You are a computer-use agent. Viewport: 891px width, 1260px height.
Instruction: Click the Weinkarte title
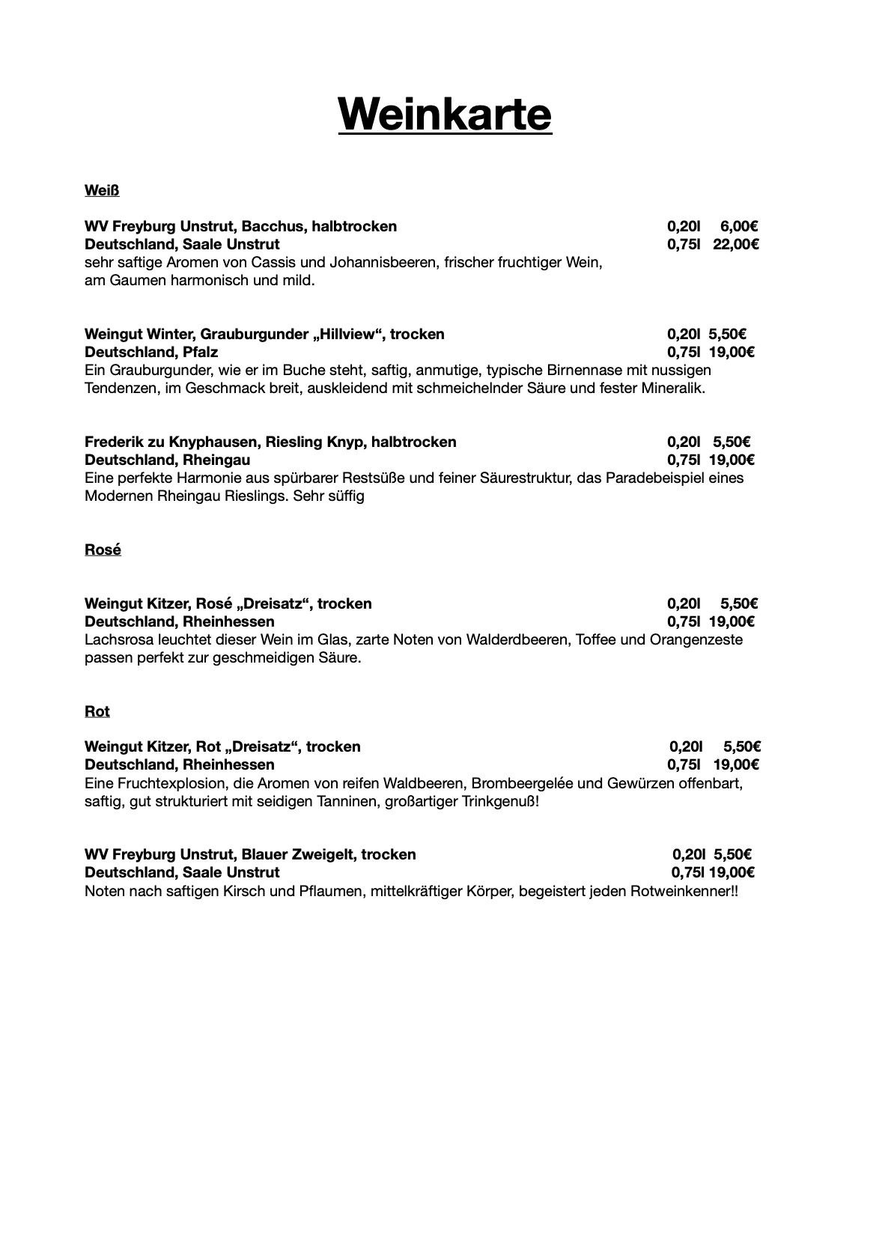[445, 114]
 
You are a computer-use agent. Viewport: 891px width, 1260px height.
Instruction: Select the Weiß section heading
[102, 190]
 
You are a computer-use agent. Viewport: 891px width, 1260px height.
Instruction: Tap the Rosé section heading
[103, 550]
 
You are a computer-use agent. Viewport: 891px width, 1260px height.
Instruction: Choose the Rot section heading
[97, 711]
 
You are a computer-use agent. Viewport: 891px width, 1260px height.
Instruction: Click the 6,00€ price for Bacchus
[740, 226]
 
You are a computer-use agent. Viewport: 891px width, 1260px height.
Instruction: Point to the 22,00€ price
[735, 244]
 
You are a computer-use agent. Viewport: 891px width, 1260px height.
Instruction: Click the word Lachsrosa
[119, 640]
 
